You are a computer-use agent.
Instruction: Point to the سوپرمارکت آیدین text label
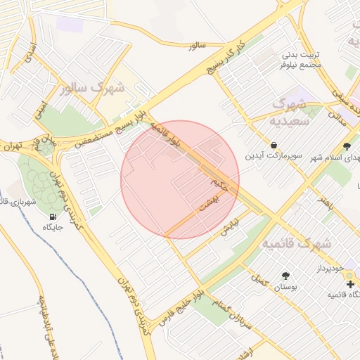pyautogui.click(x=274, y=155)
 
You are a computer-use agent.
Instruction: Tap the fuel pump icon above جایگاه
pyautogui.click(x=53, y=215)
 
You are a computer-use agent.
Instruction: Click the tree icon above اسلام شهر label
pyautogui.click(x=347, y=146)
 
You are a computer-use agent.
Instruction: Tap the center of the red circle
pyautogui.click(x=180, y=180)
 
